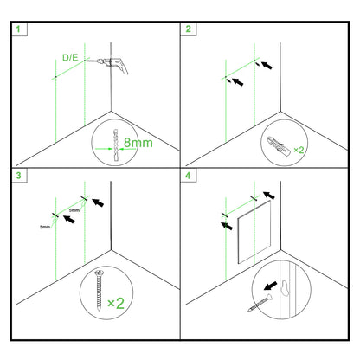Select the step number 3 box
[x=18, y=177]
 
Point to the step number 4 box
[x=188, y=177]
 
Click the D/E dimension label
[x=72, y=57]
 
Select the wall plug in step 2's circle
[x=276, y=145]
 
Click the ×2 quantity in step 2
[x=299, y=150]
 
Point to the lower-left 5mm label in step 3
[x=46, y=227]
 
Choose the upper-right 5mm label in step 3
[x=75, y=209]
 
